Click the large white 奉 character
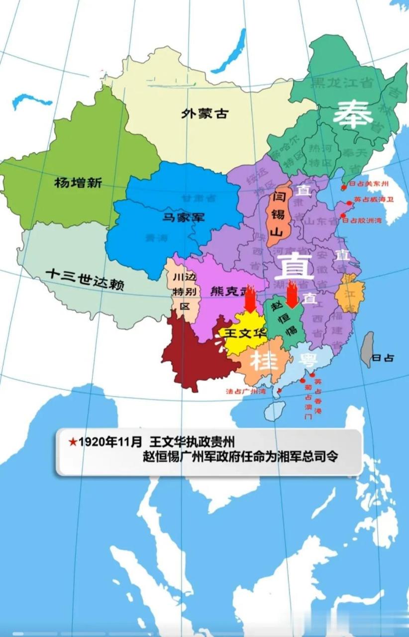tap(353, 115)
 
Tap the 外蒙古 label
tap(204, 113)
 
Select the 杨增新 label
tap(78, 183)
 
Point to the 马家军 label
tap(184, 217)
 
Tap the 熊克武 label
tap(229, 291)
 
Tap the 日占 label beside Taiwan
tap(383, 357)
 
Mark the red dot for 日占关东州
tap(343, 188)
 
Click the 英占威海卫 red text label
tap(374, 199)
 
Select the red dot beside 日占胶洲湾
tap(343, 216)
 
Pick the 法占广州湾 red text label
tap(246, 391)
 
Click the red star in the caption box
tap(73, 442)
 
